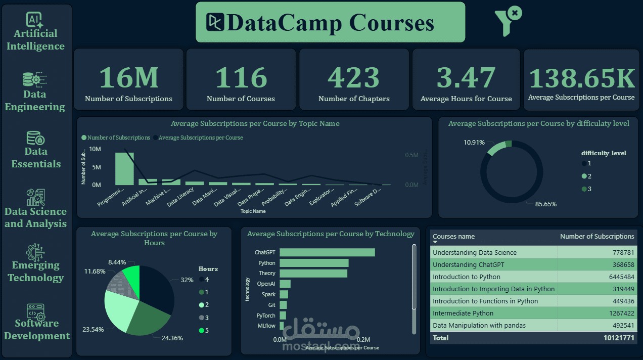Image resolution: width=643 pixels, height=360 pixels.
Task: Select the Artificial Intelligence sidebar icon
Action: click(x=35, y=20)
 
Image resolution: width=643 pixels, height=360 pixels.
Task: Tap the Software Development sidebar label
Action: click(x=37, y=330)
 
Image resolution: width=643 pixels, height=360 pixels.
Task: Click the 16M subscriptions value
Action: click(x=128, y=77)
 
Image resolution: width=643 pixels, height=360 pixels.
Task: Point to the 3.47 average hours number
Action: click(x=466, y=77)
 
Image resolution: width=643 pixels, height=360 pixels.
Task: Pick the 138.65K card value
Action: click(x=581, y=78)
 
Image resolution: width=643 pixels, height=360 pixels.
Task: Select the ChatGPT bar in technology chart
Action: click(x=327, y=252)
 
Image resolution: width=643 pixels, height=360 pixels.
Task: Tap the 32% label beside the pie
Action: click(x=187, y=280)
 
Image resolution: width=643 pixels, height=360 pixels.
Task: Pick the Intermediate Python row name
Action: click(x=463, y=313)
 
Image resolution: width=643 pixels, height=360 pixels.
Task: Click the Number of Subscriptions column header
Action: click(x=597, y=236)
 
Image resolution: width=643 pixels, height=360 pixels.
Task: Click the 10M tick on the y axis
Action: click(x=95, y=149)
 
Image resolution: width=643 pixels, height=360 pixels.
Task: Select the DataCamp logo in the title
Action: click(x=215, y=22)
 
